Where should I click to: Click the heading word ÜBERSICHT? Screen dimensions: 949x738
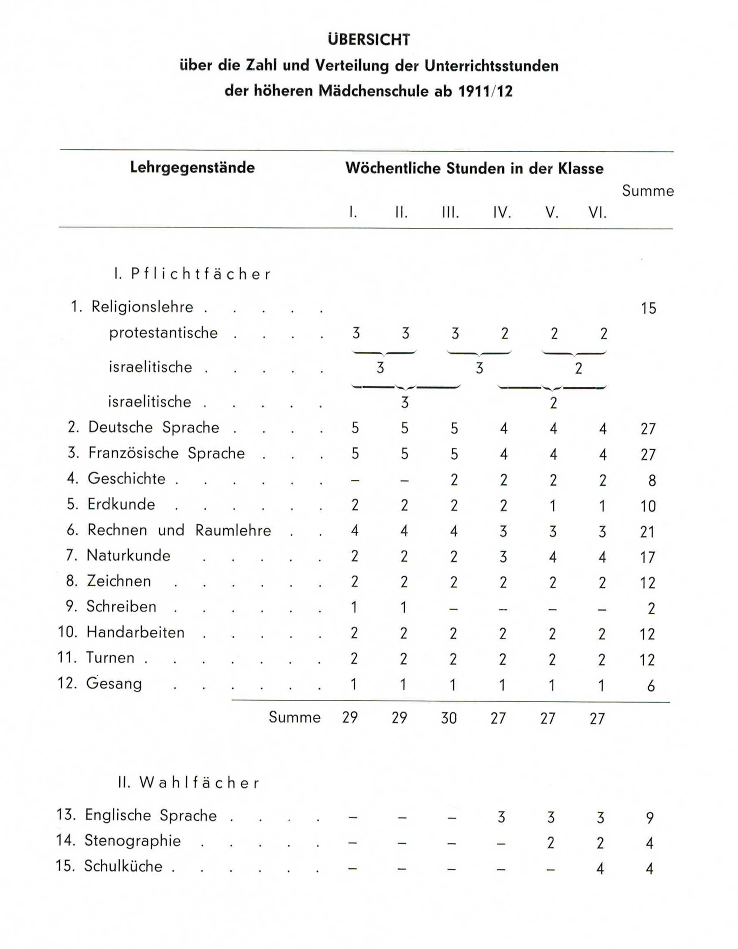369,40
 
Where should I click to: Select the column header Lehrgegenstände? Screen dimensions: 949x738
192,168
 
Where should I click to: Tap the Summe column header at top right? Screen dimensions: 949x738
647,191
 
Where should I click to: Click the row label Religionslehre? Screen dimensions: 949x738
142,307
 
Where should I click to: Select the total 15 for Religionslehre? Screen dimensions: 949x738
647,308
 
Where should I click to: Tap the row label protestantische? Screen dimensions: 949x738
163,333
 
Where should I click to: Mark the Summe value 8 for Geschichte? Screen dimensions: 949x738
651,481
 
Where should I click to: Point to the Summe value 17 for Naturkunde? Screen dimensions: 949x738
647,557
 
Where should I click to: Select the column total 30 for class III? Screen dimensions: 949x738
448,718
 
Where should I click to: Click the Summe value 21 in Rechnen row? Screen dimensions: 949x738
647,532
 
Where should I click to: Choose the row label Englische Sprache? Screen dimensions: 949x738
151,815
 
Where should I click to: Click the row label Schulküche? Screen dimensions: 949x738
123,866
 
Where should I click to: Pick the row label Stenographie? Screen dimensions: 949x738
132,840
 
